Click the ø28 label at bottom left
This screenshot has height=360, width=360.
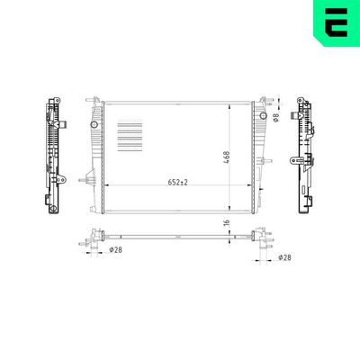(x=115, y=250)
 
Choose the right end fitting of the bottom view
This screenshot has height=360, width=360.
(x=263, y=239)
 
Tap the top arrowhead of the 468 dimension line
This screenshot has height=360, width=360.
(x=232, y=105)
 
